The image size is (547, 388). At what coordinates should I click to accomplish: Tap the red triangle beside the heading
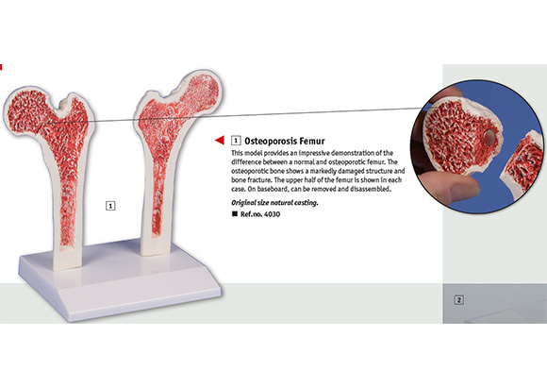[x=220, y=140]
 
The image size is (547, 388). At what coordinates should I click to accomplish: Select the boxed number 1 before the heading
[x=236, y=141]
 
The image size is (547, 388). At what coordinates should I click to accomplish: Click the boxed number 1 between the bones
[x=110, y=206]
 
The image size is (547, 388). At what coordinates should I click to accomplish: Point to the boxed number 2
[x=459, y=299]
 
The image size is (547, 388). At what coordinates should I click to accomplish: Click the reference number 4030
[x=273, y=214]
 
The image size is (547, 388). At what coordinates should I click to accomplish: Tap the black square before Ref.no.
[x=235, y=213]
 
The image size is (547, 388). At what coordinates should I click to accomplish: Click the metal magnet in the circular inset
[x=489, y=136]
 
